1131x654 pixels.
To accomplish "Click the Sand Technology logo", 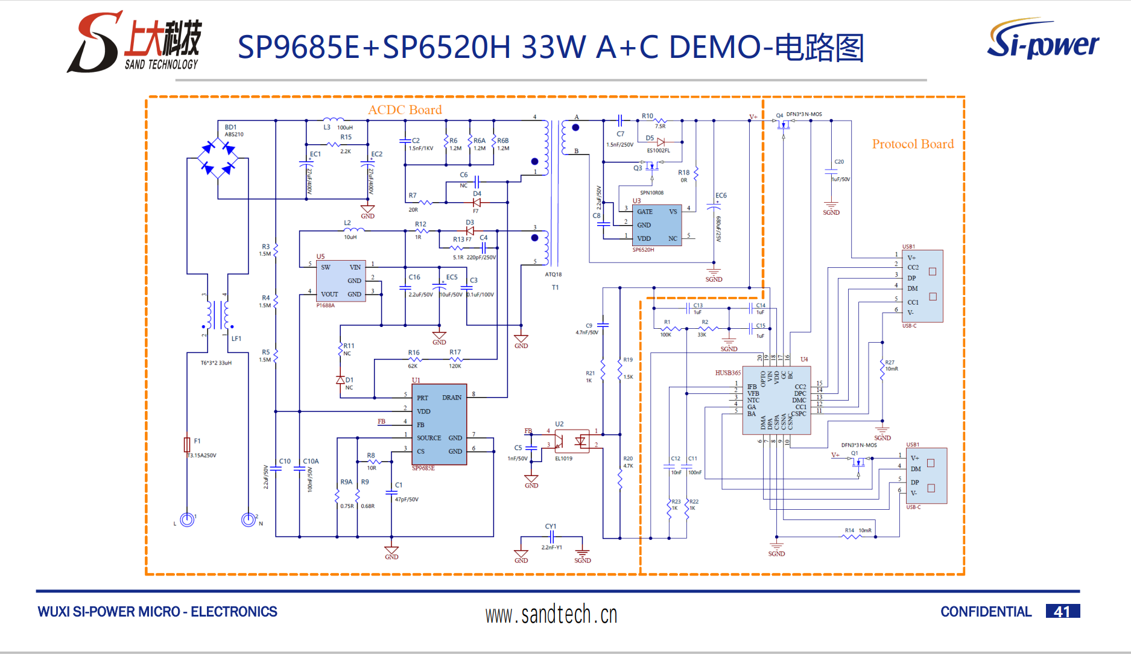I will pos(135,42).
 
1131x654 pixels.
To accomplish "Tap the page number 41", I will pos(1062,612).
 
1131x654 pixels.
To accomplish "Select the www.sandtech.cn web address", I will pos(551,615).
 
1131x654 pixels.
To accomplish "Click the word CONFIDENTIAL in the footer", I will pos(986,612).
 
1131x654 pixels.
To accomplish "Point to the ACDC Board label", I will pos(405,110).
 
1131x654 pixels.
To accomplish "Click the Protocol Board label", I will pos(913,144).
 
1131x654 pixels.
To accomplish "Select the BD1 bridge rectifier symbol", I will pos(218,159).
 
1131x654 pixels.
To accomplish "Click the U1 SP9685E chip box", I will pos(439,425).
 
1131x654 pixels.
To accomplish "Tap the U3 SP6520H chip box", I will pos(657,225).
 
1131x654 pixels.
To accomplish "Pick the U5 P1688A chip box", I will pos(341,281).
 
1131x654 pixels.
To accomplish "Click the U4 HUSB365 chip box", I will pos(776,400).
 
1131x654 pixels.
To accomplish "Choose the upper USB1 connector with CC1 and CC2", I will pos(922,286).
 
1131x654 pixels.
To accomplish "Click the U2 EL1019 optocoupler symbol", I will pos(571,441).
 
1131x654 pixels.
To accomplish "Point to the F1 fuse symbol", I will pos(187,445).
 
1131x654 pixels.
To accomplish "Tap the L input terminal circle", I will pos(187,519).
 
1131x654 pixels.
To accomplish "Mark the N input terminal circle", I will pos(248,519).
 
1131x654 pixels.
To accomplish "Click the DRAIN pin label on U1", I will pos(451,398).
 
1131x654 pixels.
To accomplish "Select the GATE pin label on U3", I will pos(644,212).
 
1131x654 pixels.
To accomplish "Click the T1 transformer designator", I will pos(555,288).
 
